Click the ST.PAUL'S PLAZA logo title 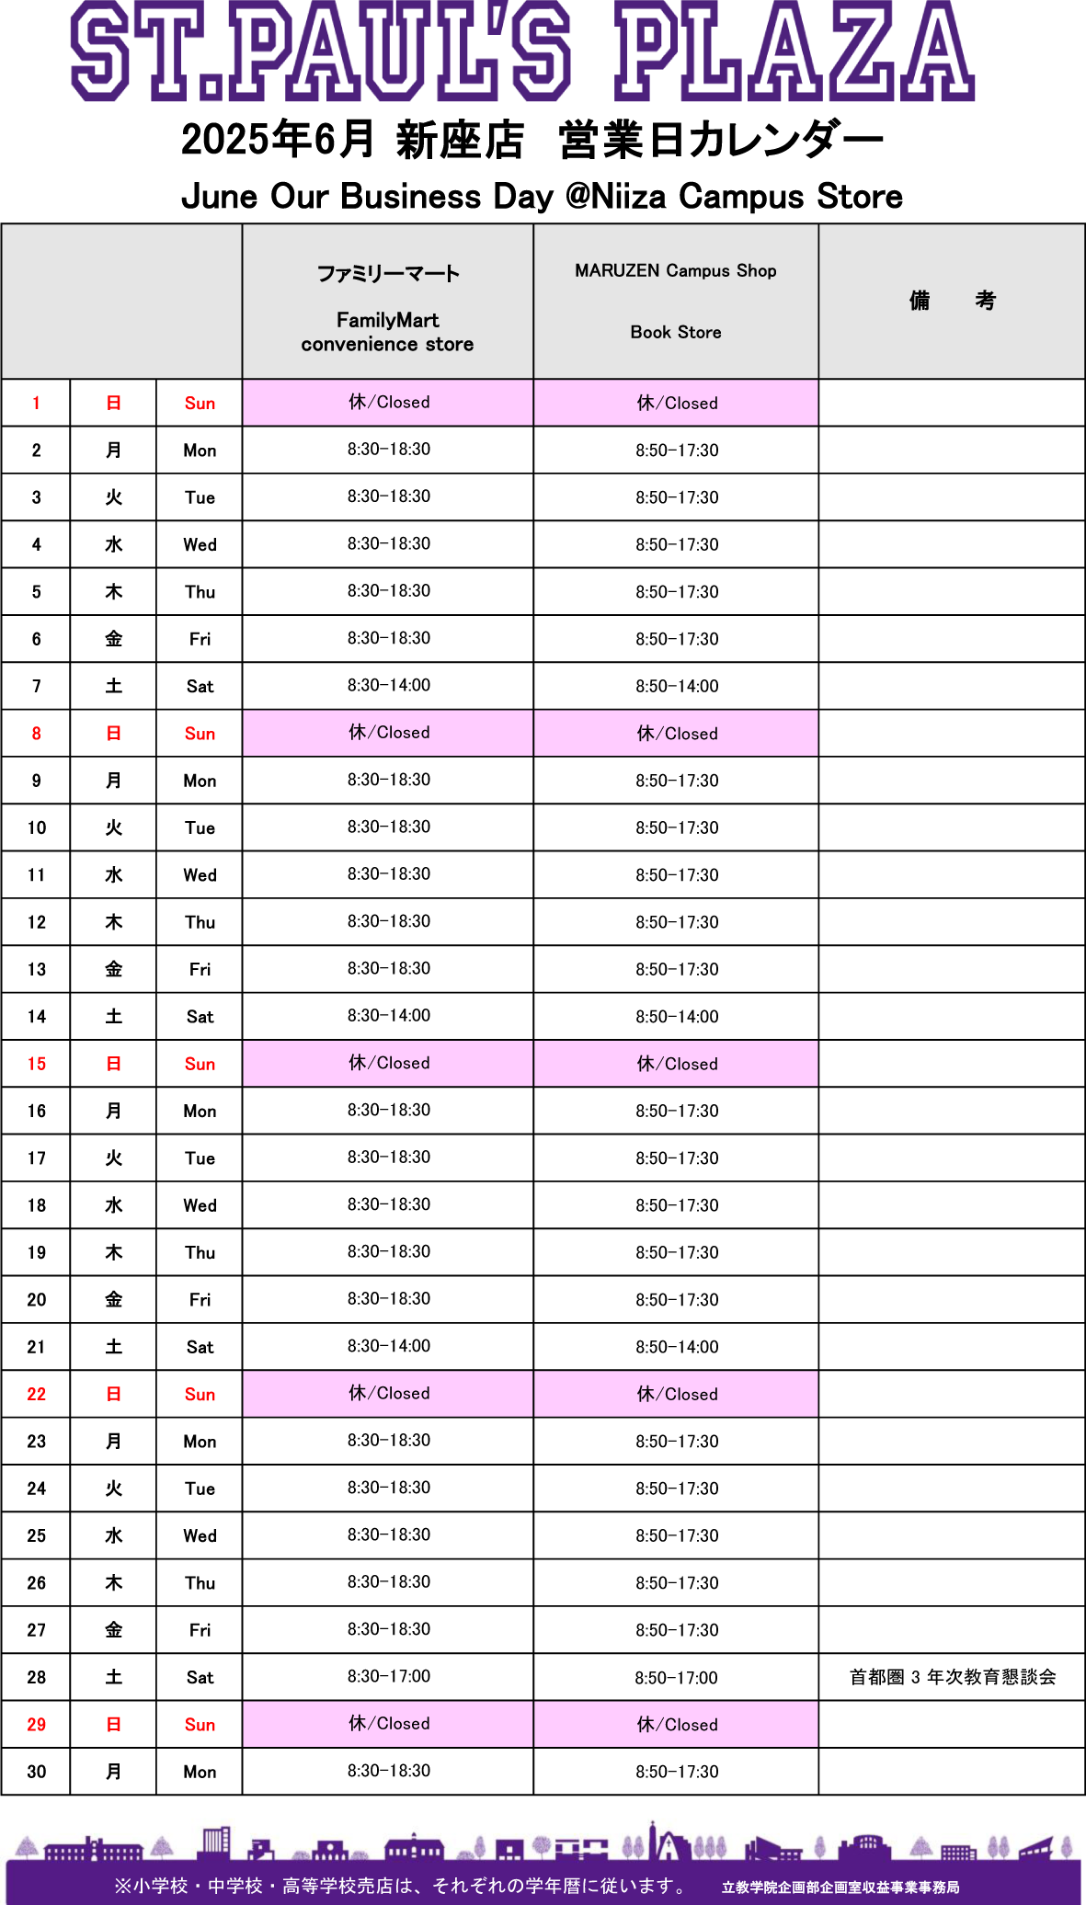point(522,51)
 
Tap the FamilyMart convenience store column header point(387,308)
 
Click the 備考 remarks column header point(952,301)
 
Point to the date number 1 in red point(36,403)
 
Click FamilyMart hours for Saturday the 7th point(389,685)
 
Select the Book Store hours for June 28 point(676,1678)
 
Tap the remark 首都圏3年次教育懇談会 point(953,1677)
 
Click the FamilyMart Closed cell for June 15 point(389,1063)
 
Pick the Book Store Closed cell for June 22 point(677,1394)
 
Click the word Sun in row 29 point(200,1725)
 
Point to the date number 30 point(37,1772)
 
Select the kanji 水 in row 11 point(113,874)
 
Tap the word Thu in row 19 point(200,1252)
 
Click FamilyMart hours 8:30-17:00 point(389,1676)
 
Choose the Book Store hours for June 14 point(677,1017)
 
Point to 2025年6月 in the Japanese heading point(277,140)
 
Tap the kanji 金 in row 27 point(113,1630)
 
